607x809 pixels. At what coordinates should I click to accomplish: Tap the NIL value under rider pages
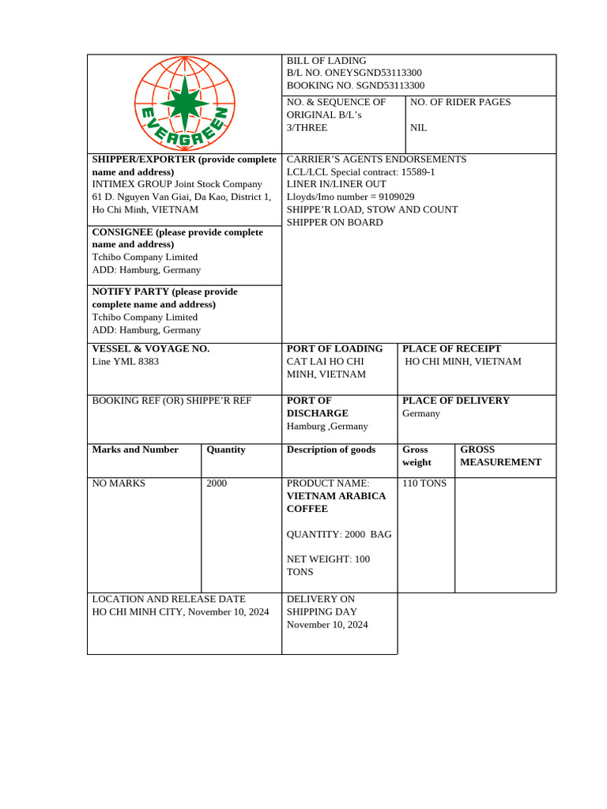click(x=418, y=127)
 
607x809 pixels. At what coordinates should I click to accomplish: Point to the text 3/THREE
click(x=307, y=127)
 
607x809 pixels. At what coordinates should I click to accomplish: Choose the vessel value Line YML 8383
click(x=126, y=361)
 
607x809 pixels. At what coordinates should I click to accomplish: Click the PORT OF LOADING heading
click(x=334, y=348)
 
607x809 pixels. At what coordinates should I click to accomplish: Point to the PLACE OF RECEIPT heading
click(x=451, y=348)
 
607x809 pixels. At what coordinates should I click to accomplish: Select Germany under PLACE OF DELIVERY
click(x=421, y=413)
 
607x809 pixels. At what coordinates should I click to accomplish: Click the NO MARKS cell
click(x=119, y=483)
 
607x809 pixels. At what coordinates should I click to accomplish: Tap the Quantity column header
click(x=226, y=450)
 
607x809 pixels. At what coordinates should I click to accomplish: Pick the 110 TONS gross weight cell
click(x=424, y=483)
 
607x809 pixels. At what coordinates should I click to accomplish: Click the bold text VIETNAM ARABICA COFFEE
click(x=336, y=502)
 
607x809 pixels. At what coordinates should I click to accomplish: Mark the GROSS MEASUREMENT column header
click(x=500, y=456)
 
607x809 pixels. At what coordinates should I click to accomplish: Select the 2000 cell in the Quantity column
click(x=217, y=483)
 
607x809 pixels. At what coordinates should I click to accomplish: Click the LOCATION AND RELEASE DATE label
click(x=169, y=599)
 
